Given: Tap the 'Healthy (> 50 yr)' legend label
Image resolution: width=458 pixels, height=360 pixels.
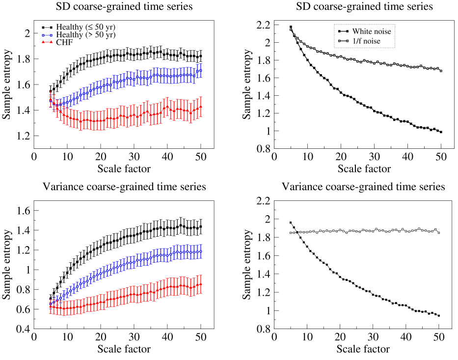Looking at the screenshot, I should point(83,35).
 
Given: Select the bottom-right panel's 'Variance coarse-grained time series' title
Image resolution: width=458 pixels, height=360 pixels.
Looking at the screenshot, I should point(364,187).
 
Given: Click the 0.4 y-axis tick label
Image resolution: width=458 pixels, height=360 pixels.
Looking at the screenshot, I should point(23,329).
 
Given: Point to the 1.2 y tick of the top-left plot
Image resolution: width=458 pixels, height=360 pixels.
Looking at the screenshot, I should point(23,136).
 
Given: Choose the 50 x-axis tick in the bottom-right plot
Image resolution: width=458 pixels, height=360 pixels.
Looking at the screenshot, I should point(439,338).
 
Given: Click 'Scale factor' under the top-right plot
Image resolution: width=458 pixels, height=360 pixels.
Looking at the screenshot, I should point(364,169).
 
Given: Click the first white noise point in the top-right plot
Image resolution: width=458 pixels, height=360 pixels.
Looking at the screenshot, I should point(291,27).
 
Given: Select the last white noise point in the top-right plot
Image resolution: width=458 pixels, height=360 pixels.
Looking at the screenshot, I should point(441,132).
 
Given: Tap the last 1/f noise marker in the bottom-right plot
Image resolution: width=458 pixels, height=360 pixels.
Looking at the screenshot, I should point(439,232).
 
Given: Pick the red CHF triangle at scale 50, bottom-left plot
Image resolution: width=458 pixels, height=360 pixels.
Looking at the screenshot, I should point(200,284).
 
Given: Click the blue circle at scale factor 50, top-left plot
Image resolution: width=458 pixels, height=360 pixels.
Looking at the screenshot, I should point(200,70).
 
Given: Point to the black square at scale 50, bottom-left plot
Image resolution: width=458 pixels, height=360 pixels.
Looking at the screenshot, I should point(200,226).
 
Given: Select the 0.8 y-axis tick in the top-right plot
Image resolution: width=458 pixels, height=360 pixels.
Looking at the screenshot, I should point(263,149).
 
